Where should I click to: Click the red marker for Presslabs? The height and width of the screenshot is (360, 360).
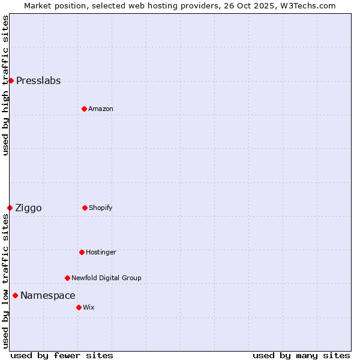[11, 80]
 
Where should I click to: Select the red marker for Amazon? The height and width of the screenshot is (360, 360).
[84, 109]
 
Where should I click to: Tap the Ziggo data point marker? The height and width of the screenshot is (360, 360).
[10, 208]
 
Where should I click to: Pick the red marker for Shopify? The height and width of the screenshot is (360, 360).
[85, 208]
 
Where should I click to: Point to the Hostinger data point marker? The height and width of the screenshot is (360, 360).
[82, 252]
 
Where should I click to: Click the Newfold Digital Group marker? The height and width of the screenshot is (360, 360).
[67, 278]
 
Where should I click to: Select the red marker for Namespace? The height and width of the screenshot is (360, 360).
[15, 295]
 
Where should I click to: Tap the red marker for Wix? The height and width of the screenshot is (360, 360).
[79, 307]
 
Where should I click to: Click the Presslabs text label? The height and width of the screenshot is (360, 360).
[38, 81]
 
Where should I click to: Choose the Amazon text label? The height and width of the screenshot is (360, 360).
[101, 109]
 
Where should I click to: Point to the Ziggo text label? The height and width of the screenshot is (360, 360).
[28, 208]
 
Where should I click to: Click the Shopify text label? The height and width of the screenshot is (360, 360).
[101, 208]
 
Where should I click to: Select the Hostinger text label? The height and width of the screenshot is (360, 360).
[101, 253]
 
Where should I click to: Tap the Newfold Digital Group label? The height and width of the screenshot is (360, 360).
[106, 278]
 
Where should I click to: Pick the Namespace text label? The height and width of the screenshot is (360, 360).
[48, 296]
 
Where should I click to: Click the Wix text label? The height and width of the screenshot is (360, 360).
[89, 308]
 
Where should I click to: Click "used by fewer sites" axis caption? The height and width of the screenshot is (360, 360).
[62, 355]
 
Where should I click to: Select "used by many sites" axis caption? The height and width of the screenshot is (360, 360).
[301, 355]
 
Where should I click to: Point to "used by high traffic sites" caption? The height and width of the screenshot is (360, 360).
[5, 85]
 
